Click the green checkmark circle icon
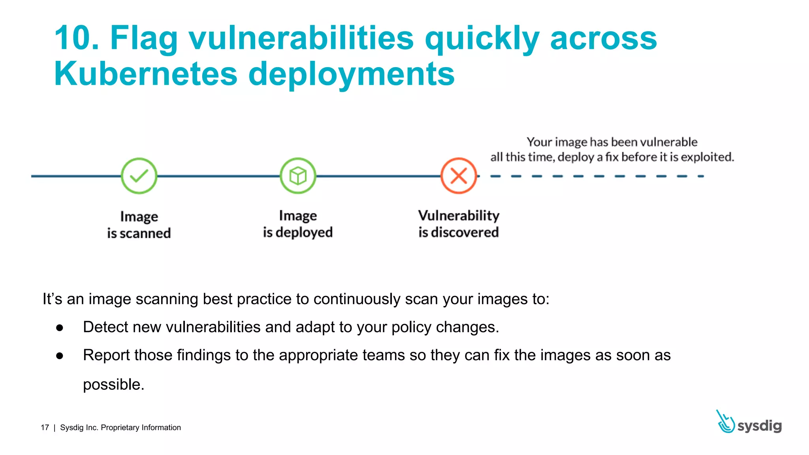139,176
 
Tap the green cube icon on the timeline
298,176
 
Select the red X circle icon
459,176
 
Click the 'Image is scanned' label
139,225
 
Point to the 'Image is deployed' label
298,224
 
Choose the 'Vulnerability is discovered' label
459,224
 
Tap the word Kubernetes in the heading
146,74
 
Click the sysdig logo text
759,426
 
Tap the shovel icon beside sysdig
725,422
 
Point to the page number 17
45,428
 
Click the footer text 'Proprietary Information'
141,428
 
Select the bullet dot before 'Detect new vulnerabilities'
60,327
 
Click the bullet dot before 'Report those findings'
60,355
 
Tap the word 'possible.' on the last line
113,384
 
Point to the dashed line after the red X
596,176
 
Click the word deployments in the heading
351,74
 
